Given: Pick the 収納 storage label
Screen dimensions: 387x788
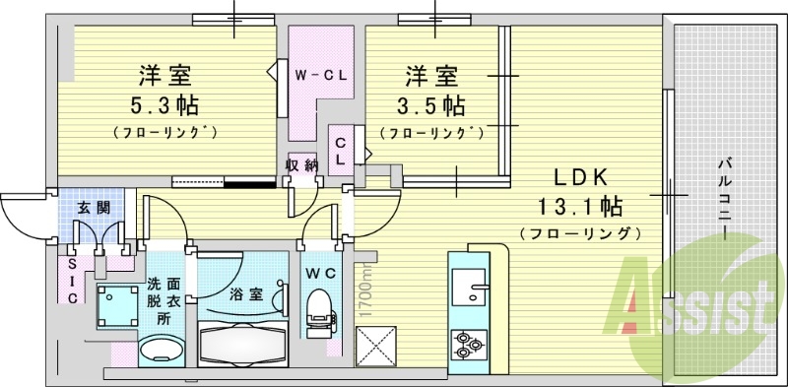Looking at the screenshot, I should [x=300, y=164].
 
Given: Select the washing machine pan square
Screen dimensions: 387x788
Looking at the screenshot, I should [x=118, y=305].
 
